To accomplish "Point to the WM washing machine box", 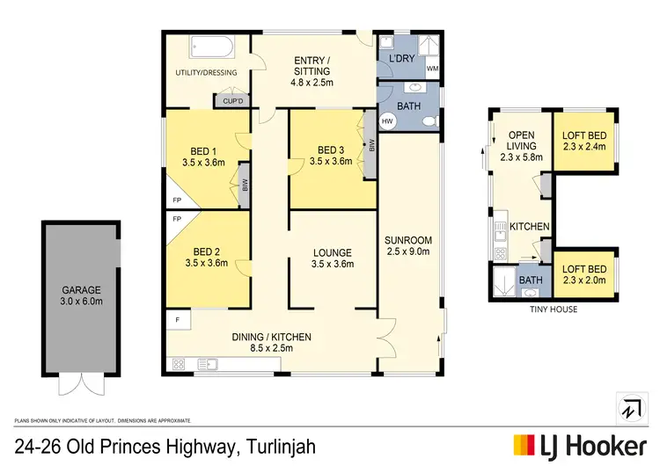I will point(431,67).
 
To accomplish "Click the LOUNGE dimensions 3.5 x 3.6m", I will point(333,264).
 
